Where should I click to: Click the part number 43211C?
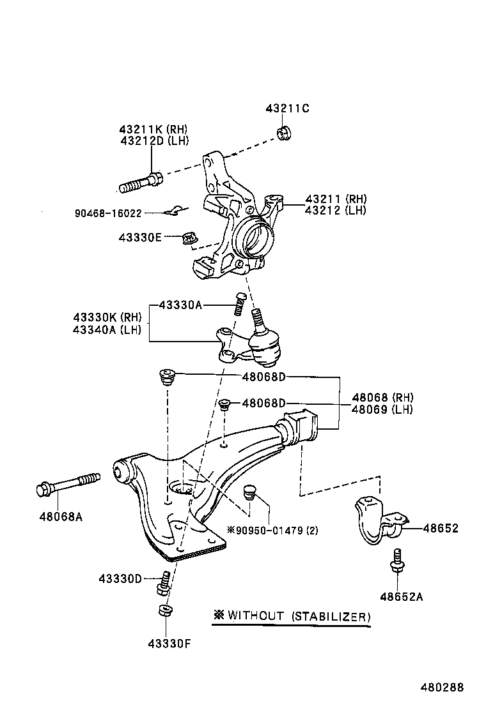(287, 109)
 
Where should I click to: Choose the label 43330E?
(139, 238)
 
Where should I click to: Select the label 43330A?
(180, 305)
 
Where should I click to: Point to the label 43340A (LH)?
(107, 329)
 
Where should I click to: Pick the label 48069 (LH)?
(382, 409)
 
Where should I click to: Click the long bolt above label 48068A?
(67, 486)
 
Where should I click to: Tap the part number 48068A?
(61, 517)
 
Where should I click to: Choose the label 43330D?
(120, 578)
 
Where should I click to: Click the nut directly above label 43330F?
(164, 611)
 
